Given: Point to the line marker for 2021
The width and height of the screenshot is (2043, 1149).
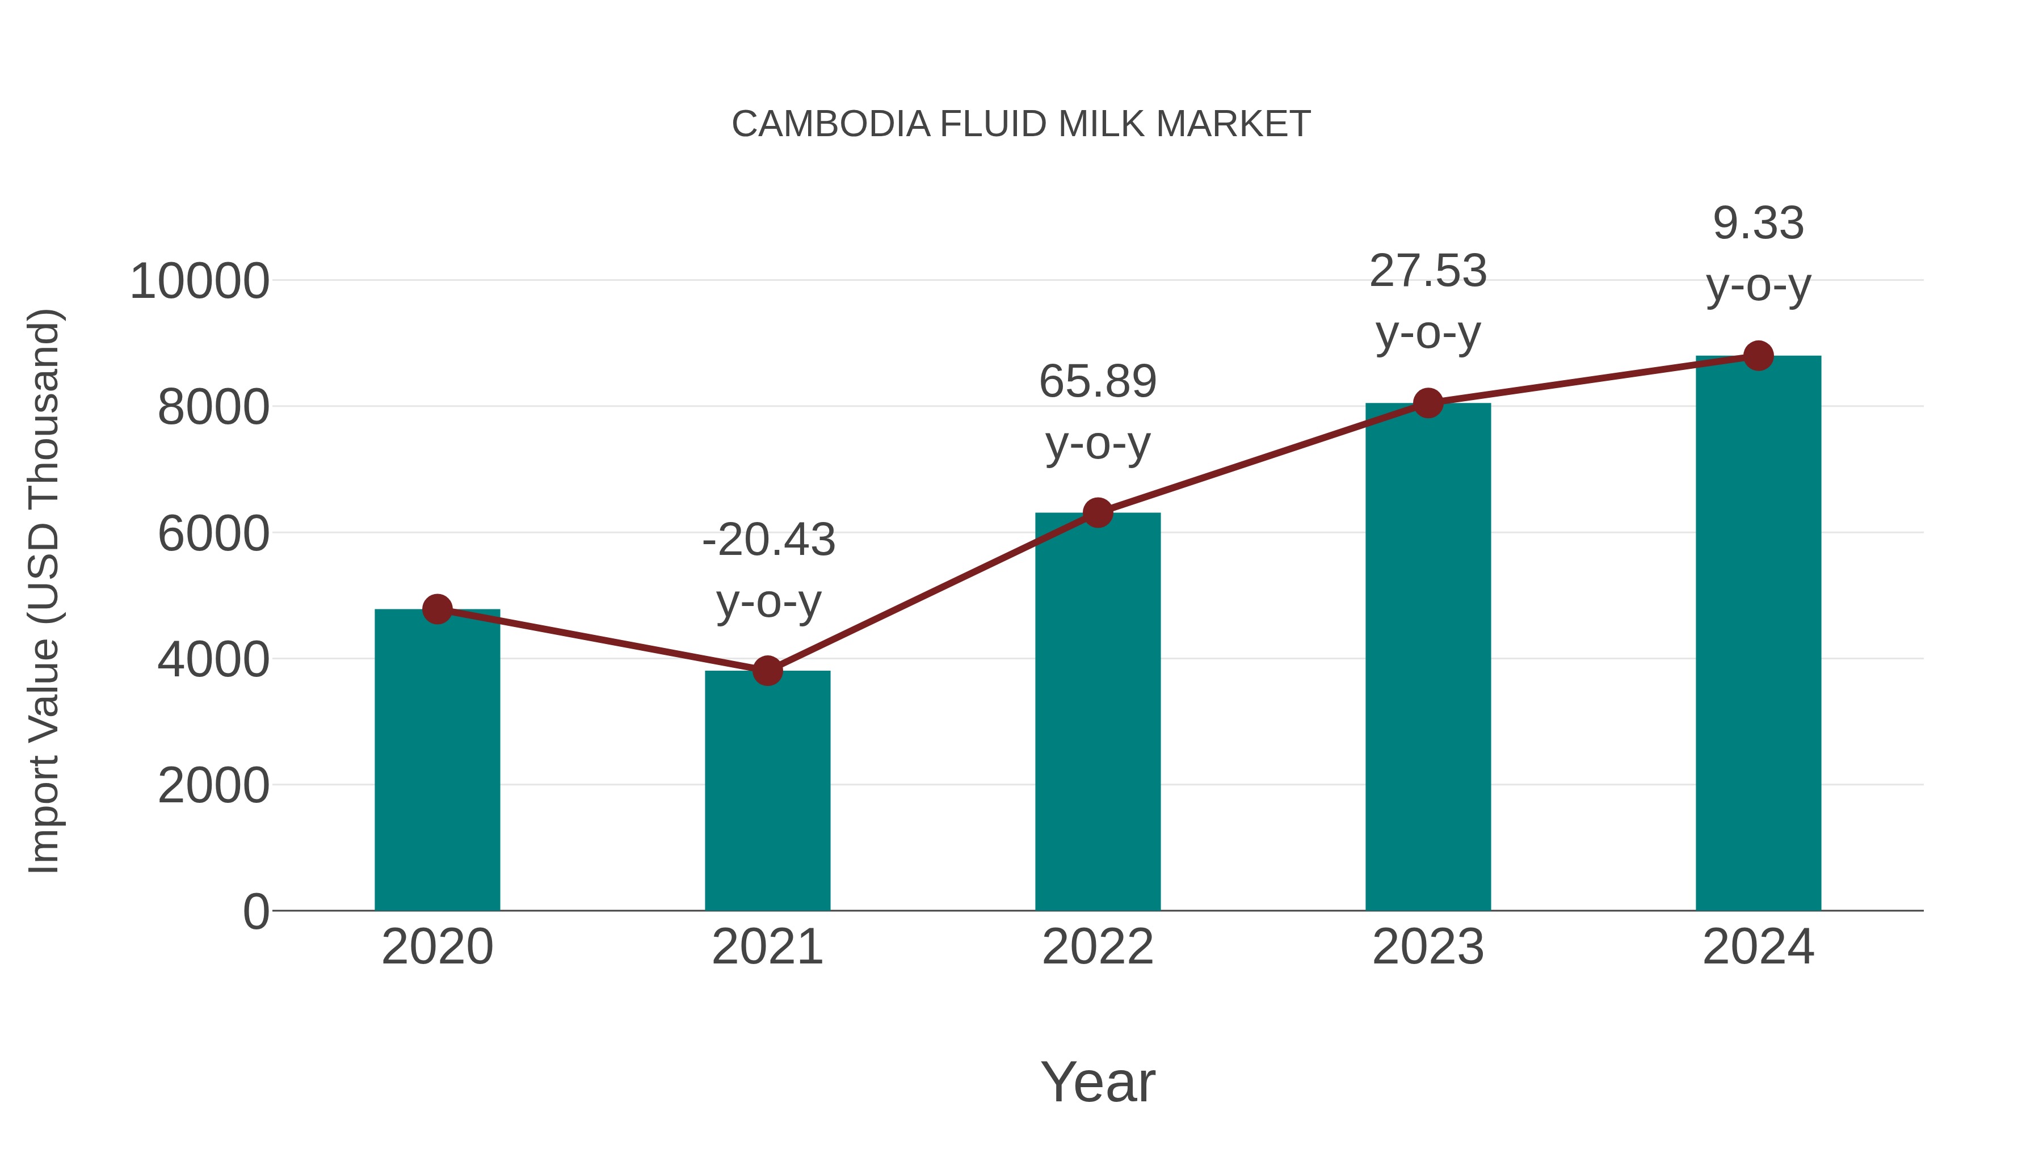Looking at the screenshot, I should tap(767, 671).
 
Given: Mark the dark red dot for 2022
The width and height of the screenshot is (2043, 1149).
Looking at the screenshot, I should tap(1098, 513).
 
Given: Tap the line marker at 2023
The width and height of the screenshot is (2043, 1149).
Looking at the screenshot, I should tap(1428, 403).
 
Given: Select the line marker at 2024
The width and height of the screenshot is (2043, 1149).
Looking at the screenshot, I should tap(1758, 356).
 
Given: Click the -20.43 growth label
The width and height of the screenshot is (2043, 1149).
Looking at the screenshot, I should tap(768, 540).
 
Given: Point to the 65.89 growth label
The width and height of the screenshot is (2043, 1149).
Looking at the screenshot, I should tap(1098, 381).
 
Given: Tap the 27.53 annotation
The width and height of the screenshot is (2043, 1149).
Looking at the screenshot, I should tap(1428, 271).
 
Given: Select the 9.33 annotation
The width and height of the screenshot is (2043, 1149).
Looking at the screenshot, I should tap(1758, 223).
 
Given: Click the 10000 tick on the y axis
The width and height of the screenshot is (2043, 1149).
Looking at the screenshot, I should tap(199, 281).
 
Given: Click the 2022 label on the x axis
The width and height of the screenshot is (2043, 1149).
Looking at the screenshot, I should tap(1098, 947).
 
